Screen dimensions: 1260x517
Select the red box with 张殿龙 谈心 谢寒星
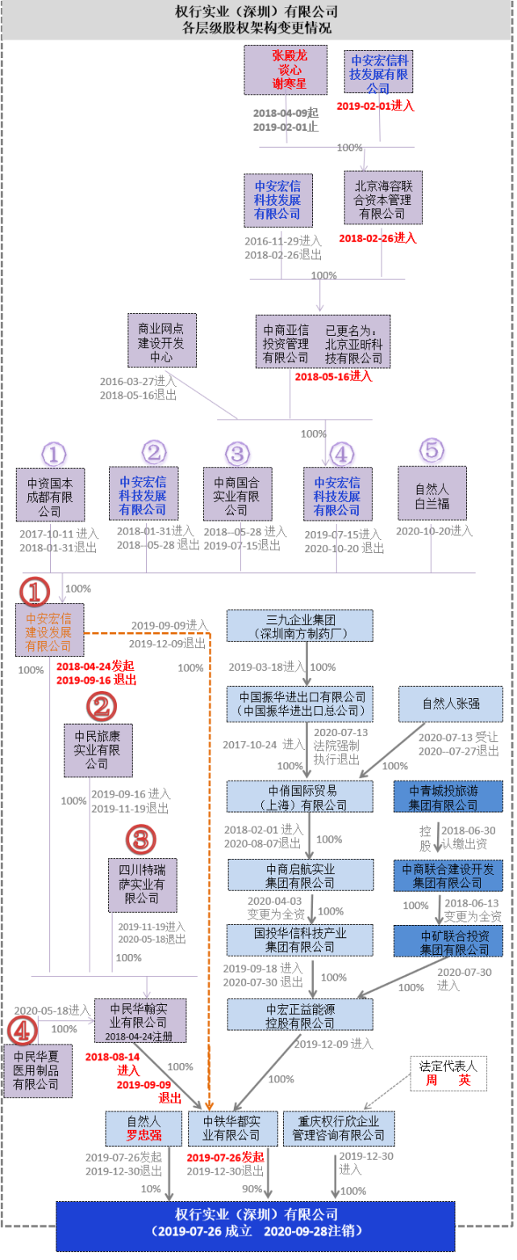(276, 70)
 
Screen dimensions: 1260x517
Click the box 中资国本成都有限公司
(50, 493)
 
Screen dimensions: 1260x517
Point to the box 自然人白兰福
(432, 492)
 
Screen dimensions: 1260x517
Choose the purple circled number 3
(236, 453)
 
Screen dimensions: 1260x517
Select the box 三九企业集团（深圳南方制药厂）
(299, 626)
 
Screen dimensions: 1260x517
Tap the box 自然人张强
(450, 703)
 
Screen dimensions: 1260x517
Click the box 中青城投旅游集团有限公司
(448, 797)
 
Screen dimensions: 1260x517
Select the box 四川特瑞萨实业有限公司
(143, 885)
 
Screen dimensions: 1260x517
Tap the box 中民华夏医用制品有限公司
(37, 1070)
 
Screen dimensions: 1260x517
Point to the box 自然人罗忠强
(144, 1128)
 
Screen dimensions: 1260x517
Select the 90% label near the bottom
(252, 1188)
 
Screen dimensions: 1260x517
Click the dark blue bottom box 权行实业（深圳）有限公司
(256, 1224)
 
